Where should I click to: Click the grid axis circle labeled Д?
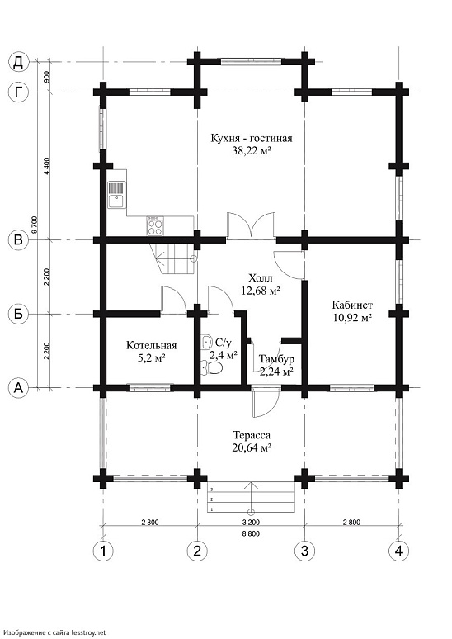(18, 62)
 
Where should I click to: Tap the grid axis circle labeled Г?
(18, 92)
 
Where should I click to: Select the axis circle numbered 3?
(304, 551)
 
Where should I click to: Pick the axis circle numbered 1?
(103, 551)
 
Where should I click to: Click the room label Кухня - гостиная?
(252, 138)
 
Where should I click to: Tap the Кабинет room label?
(352, 305)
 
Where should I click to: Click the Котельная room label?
(152, 346)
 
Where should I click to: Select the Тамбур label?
(277, 359)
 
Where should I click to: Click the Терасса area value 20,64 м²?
(252, 448)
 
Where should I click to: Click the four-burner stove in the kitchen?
(155, 225)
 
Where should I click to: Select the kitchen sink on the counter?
(117, 195)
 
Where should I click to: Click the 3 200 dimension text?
(252, 522)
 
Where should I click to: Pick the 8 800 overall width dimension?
(252, 533)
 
